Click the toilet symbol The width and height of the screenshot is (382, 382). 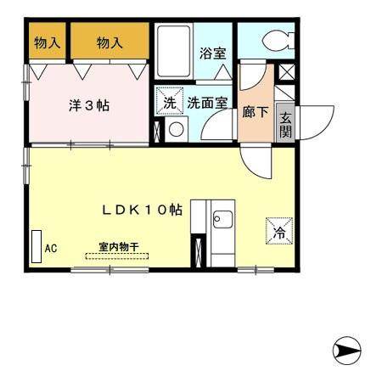coord(276,40)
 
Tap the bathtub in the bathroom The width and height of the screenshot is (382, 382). coord(175,53)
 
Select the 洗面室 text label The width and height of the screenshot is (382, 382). coord(207,103)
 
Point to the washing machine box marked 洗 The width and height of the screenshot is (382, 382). coord(169,103)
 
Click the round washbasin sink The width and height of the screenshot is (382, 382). coord(177,130)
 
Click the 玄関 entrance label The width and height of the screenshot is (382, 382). coord(286,125)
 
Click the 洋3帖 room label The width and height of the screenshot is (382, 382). coord(89,106)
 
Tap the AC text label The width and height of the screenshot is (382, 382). coord(50,249)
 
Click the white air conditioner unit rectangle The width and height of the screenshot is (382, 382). coord(37,247)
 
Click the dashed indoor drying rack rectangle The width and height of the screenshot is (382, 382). coord(116,255)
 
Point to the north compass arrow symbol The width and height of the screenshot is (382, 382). coord(346,349)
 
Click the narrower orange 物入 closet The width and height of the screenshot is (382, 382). coord(48,42)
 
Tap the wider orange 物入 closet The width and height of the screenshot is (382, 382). coord(110,42)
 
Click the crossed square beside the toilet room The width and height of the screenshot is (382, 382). coord(286,72)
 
